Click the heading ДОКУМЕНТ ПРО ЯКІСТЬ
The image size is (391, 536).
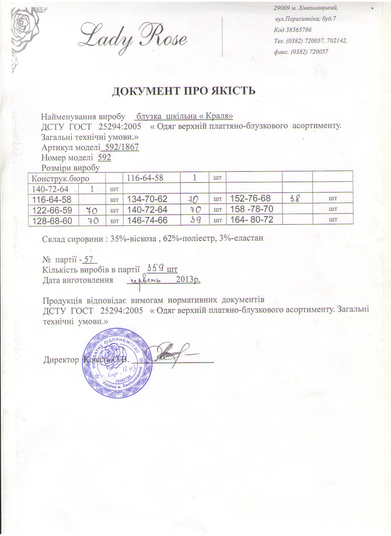[x=183, y=91]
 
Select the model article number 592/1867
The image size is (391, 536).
[x=121, y=147]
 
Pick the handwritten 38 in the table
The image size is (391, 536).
[x=297, y=198]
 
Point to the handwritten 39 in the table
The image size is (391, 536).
[x=195, y=220]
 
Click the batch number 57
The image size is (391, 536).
[x=89, y=260]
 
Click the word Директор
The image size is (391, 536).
[x=61, y=360]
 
